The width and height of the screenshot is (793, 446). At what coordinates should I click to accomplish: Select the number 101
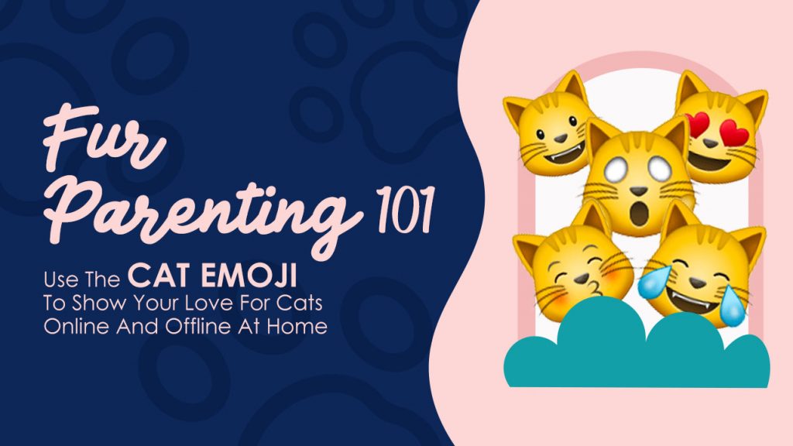click(x=404, y=209)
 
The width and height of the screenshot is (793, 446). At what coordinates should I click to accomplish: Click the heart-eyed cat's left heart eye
click(x=697, y=124)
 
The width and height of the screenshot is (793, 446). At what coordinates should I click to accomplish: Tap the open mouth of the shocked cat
click(x=639, y=212)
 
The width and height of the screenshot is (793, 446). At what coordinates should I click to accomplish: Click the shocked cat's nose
click(x=638, y=191)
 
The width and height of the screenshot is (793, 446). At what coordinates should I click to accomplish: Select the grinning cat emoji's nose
click(x=560, y=138)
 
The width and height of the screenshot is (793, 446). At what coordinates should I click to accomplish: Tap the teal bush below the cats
click(x=637, y=349)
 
